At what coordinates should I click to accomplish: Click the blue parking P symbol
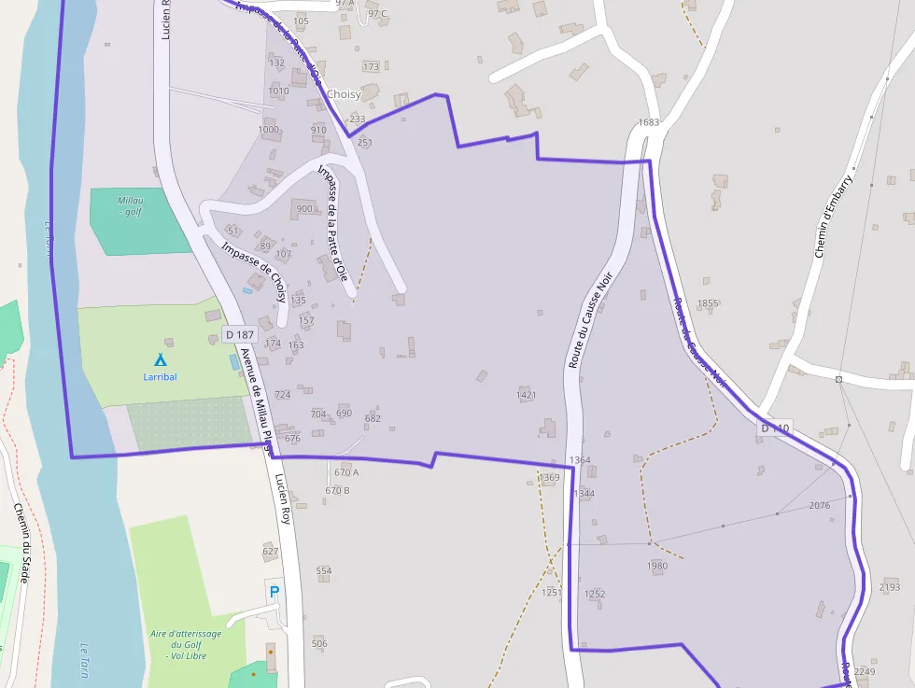pos(274,591)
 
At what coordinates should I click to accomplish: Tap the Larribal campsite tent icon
pos(160,359)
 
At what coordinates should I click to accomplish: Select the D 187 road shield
pos(240,335)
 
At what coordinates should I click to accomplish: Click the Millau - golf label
pos(131,206)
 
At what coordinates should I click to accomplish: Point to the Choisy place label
pos(344,94)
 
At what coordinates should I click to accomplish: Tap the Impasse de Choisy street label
pos(254,272)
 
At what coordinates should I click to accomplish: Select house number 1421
pos(527,395)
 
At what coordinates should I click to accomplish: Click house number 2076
pos(819,505)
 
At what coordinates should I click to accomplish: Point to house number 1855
pos(708,303)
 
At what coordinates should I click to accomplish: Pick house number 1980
pos(657,566)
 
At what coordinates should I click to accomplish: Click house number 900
pos(303,208)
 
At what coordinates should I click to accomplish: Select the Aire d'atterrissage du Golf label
pos(186,644)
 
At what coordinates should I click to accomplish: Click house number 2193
pos(890,587)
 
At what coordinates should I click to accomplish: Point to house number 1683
pos(649,122)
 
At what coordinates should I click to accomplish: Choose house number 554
pos(323,570)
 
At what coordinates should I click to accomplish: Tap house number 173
pos(371,66)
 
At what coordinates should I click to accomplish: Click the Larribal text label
pos(160,377)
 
